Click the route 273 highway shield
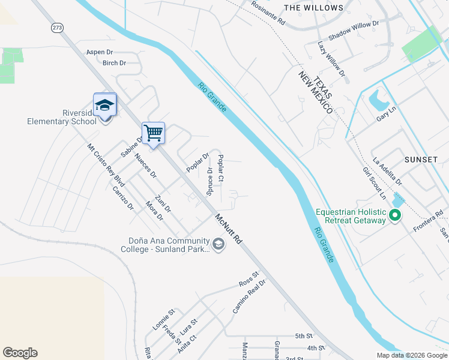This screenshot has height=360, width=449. pyautogui.click(x=57, y=28)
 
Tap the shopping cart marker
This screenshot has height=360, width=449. pyautogui.click(x=153, y=133)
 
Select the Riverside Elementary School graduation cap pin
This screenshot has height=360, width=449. pyautogui.click(x=104, y=106)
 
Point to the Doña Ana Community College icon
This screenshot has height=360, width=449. pyautogui.click(x=218, y=243)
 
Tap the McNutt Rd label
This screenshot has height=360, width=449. pyautogui.click(x=229, y=229)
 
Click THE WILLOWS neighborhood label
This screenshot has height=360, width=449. pyautogui.click(x=313, y=8)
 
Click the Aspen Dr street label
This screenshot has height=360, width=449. pyautogui.click(x=100, y=52)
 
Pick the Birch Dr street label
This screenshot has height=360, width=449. pyautogui.click(x=114, y=63)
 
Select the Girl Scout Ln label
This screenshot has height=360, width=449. pyautogui.click(x=374, y=182)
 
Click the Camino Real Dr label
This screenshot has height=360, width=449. pyautogui.click(x=249, y=296)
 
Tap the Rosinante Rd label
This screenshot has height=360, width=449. pyautogui.click(x=268, y=12)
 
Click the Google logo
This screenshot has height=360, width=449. pyautogui.click(x=20, y=353)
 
